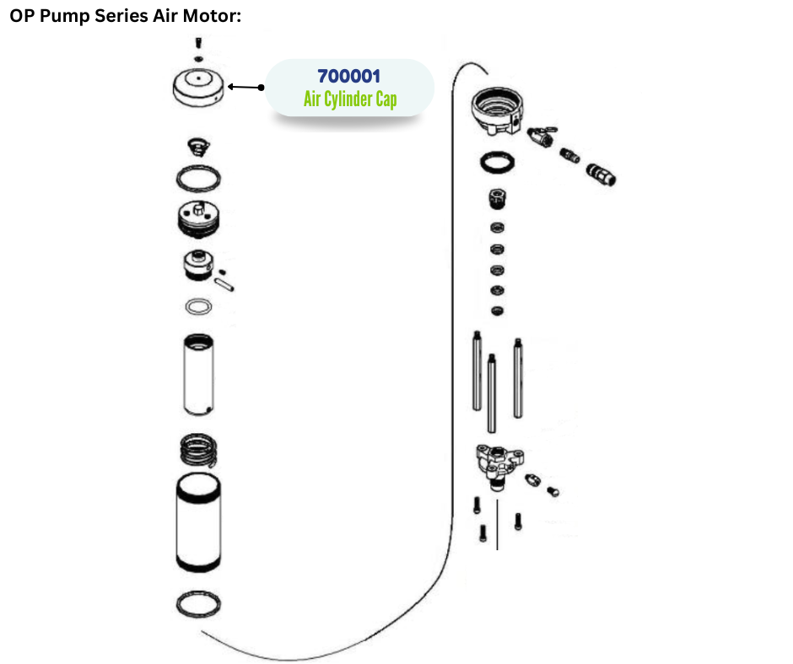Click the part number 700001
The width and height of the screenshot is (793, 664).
pos(349,77)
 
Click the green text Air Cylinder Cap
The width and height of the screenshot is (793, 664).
pos(350,99)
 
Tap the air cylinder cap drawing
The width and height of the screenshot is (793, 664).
pos(197,88)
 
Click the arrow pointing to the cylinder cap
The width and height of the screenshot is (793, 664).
pos(245,87)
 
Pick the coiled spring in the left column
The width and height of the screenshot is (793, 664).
pos(199,449)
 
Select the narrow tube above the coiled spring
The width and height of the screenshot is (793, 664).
pos(198,374)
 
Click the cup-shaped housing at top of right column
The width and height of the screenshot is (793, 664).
pos(498,110)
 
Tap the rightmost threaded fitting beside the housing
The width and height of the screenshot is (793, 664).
pos(601,174)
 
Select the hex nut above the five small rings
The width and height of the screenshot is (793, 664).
pos(498,198)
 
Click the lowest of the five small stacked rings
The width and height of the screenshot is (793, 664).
pos(497,311)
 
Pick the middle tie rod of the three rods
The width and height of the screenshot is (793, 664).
pos(492,394)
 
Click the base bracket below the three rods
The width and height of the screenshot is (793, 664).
pos(499,465)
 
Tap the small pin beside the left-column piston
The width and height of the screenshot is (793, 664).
pos(224,285)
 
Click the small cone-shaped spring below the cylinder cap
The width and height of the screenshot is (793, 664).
pos(198,147)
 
